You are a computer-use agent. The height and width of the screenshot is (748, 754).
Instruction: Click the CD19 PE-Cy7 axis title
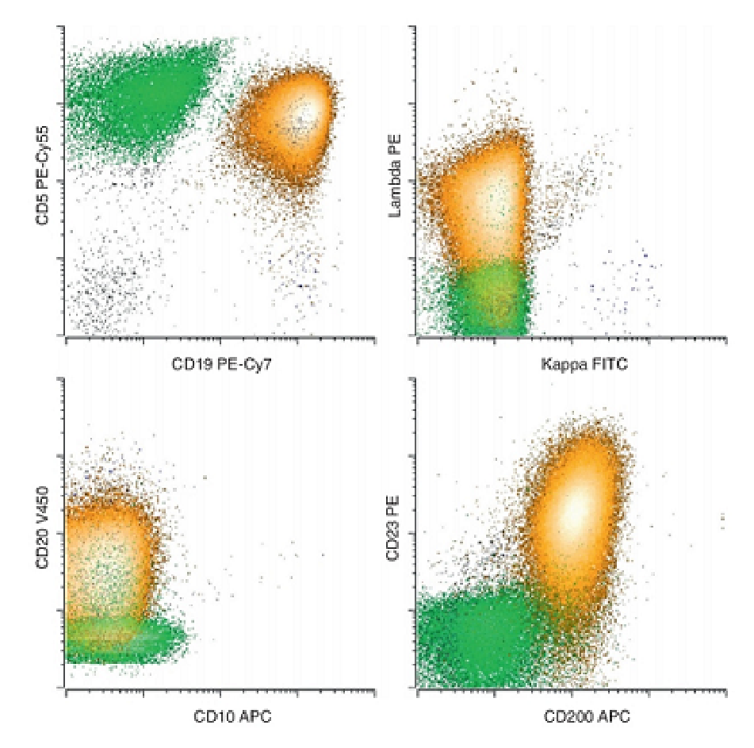pos(221,364)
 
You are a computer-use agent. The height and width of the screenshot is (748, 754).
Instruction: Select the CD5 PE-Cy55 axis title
pos(42,175)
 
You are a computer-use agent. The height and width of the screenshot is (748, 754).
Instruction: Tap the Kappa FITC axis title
pos(584,364)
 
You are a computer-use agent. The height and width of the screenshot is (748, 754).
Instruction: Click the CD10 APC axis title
pos(232,716)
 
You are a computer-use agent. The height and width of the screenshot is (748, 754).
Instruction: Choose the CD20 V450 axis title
pos(42,527)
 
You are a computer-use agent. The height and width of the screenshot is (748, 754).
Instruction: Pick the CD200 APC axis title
pos(587,716)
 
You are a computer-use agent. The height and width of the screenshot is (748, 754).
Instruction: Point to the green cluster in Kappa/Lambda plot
pos(488,298)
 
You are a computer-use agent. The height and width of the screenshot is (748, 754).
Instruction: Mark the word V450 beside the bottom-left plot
pos(42,504)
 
